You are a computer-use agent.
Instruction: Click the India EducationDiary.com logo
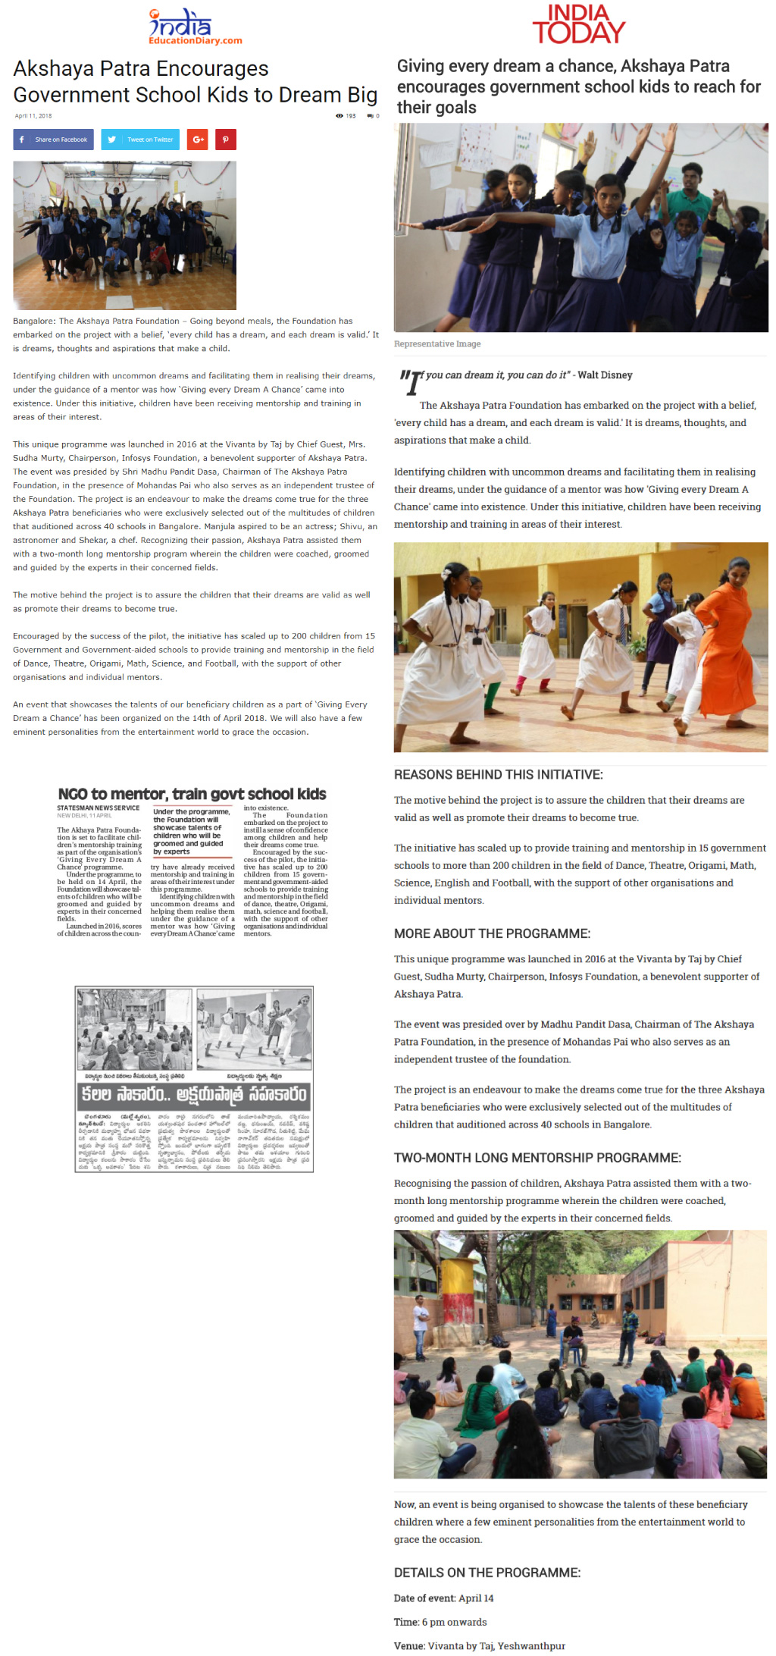coord(195,27)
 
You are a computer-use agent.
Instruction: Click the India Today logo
coord(578,24)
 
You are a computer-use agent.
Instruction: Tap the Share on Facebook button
coord(54,140)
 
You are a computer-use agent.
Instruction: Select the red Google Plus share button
coord(198,140)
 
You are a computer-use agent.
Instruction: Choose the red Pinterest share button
coord(225,140)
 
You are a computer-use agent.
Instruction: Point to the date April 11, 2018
coord(33,116)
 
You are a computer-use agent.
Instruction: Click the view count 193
coord(346,116)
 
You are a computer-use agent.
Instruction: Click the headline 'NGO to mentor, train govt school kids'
coord(192,794)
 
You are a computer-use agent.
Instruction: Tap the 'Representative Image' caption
coord(437,343)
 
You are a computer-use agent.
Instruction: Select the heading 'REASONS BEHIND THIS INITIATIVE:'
coord(498,774)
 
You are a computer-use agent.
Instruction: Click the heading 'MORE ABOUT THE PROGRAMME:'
coord(492,933)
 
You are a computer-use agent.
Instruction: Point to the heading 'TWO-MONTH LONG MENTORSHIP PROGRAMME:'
coord(537,1158)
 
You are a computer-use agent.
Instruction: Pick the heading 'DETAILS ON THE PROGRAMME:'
coord(487,1573)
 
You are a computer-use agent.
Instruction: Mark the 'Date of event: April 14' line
coord(443,1598)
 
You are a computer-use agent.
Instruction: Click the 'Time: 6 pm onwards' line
coord(440,1622)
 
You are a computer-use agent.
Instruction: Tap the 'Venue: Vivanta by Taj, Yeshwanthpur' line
coord(480,1645)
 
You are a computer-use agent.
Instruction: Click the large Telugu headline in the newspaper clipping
coord(194,1095)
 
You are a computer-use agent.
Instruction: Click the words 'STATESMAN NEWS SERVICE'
coord(99,808)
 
